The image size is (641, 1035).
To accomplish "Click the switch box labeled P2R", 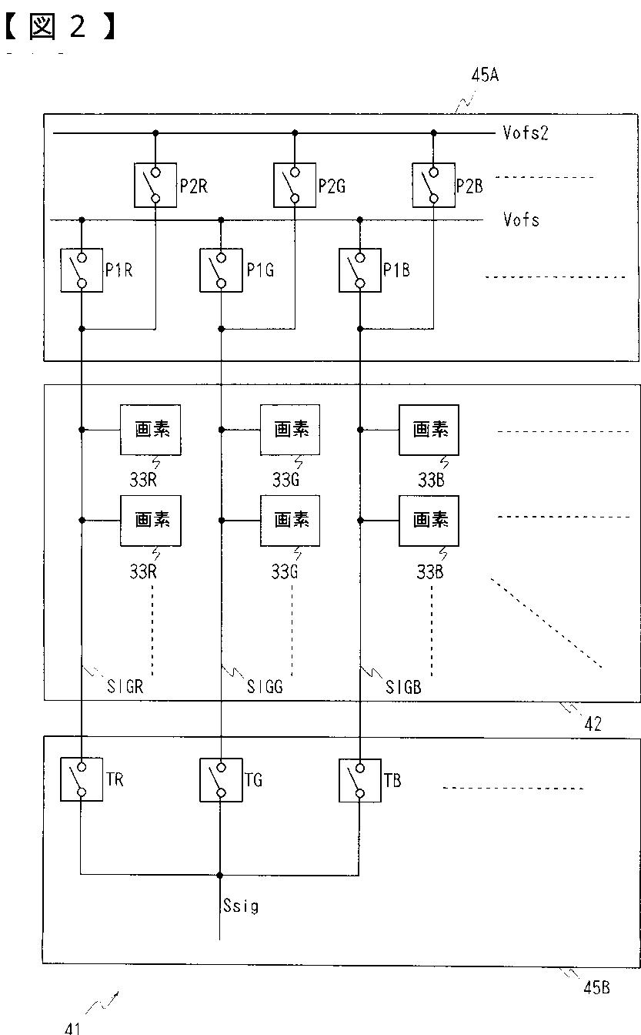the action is [155, 185].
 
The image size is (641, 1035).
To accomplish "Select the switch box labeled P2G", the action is [295, 185].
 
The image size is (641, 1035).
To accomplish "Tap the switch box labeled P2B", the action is [434, 185].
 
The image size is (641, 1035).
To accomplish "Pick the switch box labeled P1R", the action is [82, 270].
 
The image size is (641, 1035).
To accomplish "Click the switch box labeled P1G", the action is [221, 270].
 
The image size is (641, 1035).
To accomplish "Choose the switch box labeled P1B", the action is [360, 270].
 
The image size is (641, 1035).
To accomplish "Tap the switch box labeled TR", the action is [82, 779].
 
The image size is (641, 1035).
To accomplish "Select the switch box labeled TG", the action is [221, 780].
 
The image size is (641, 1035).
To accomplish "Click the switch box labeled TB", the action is [360, 780].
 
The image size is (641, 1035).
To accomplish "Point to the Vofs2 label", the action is [526, 133].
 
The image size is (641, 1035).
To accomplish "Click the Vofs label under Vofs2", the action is [522, 219].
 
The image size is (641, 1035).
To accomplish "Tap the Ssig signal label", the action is [241, 906].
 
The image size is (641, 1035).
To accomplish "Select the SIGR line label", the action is [125, 687].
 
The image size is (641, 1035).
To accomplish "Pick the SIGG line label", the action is [265, 687].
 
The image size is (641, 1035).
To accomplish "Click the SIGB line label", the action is [404, 688].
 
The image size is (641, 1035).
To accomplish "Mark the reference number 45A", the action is [485, 75].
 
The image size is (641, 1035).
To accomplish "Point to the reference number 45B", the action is [596, 988].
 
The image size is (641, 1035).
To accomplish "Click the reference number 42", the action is [593, 724].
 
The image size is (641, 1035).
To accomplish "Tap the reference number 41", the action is [72, 1027].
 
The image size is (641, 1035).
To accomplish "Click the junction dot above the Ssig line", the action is [220, 875].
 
